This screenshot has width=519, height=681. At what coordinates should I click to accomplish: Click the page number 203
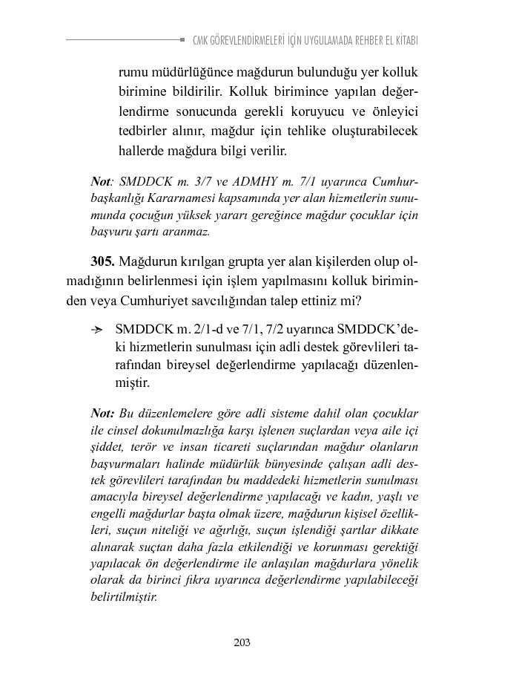click(x=242, y=642)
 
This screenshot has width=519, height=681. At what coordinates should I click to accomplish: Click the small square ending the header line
click(x=182, y=39)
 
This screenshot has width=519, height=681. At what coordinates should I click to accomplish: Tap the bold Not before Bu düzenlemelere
click(x=102, y=414)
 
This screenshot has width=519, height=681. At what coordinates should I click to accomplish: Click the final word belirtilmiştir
click(x=123, y=596)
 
